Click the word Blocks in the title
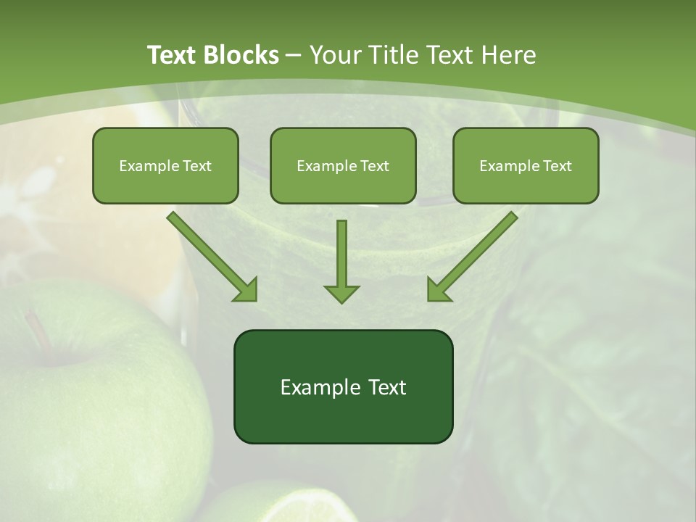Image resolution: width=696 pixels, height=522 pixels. pyautogui.click(x=242, y=55)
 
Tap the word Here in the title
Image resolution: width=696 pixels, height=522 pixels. pyautogui.click(x=507, y=55)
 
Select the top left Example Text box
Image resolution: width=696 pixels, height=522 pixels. pyautogui.click(x=165, y=165)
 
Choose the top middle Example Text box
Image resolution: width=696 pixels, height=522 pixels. pyautogui.click(x=343, y=165)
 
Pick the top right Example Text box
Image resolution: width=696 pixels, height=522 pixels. pyautogui.click(x=526, y=165)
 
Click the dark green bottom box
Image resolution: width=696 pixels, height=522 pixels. pyautogui.click(x=343, y=386)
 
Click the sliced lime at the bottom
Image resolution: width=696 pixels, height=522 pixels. pyautogui.click(x=290, y=504)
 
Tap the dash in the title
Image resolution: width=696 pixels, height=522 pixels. pyautogui.click(x=294, y=55)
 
